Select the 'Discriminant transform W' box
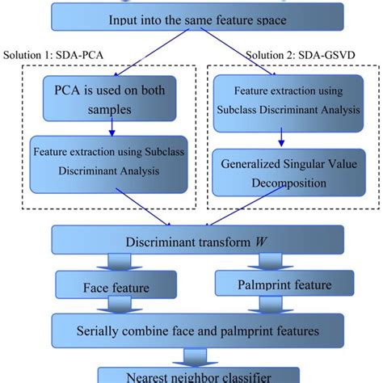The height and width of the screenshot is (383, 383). point(191,242)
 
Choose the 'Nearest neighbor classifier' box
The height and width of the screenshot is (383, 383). point(191,374)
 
